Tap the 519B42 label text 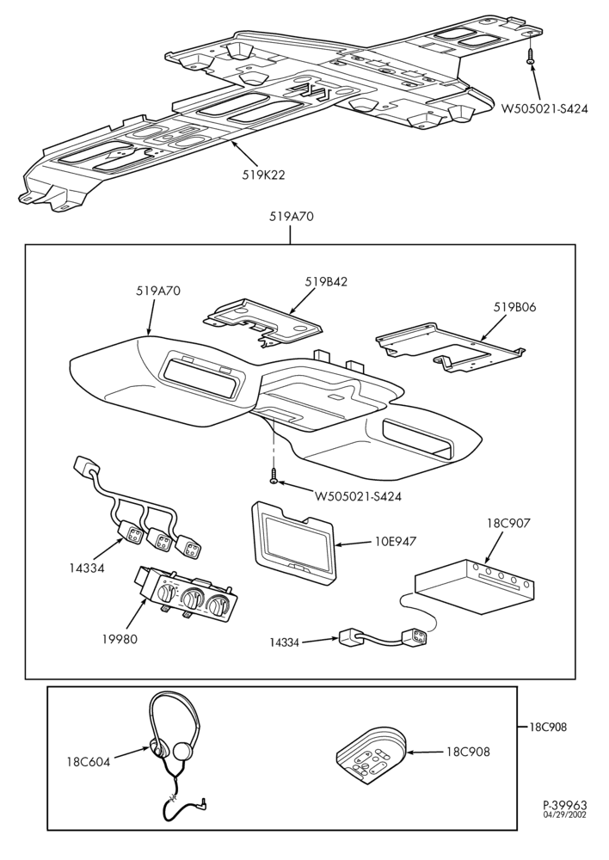coord(327,281)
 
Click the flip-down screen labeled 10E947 coord(294,539)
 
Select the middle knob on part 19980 coord(191,598)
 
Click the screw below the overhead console coord(274,476)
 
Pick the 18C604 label coord(89,761)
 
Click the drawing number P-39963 coord(564,805)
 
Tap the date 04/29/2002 coord(564,814)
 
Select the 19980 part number coord(120,638)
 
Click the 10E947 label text coord(396,541)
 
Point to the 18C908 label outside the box coord(549,728)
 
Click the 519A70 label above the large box coord(292,216)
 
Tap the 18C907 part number coord(508,523)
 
